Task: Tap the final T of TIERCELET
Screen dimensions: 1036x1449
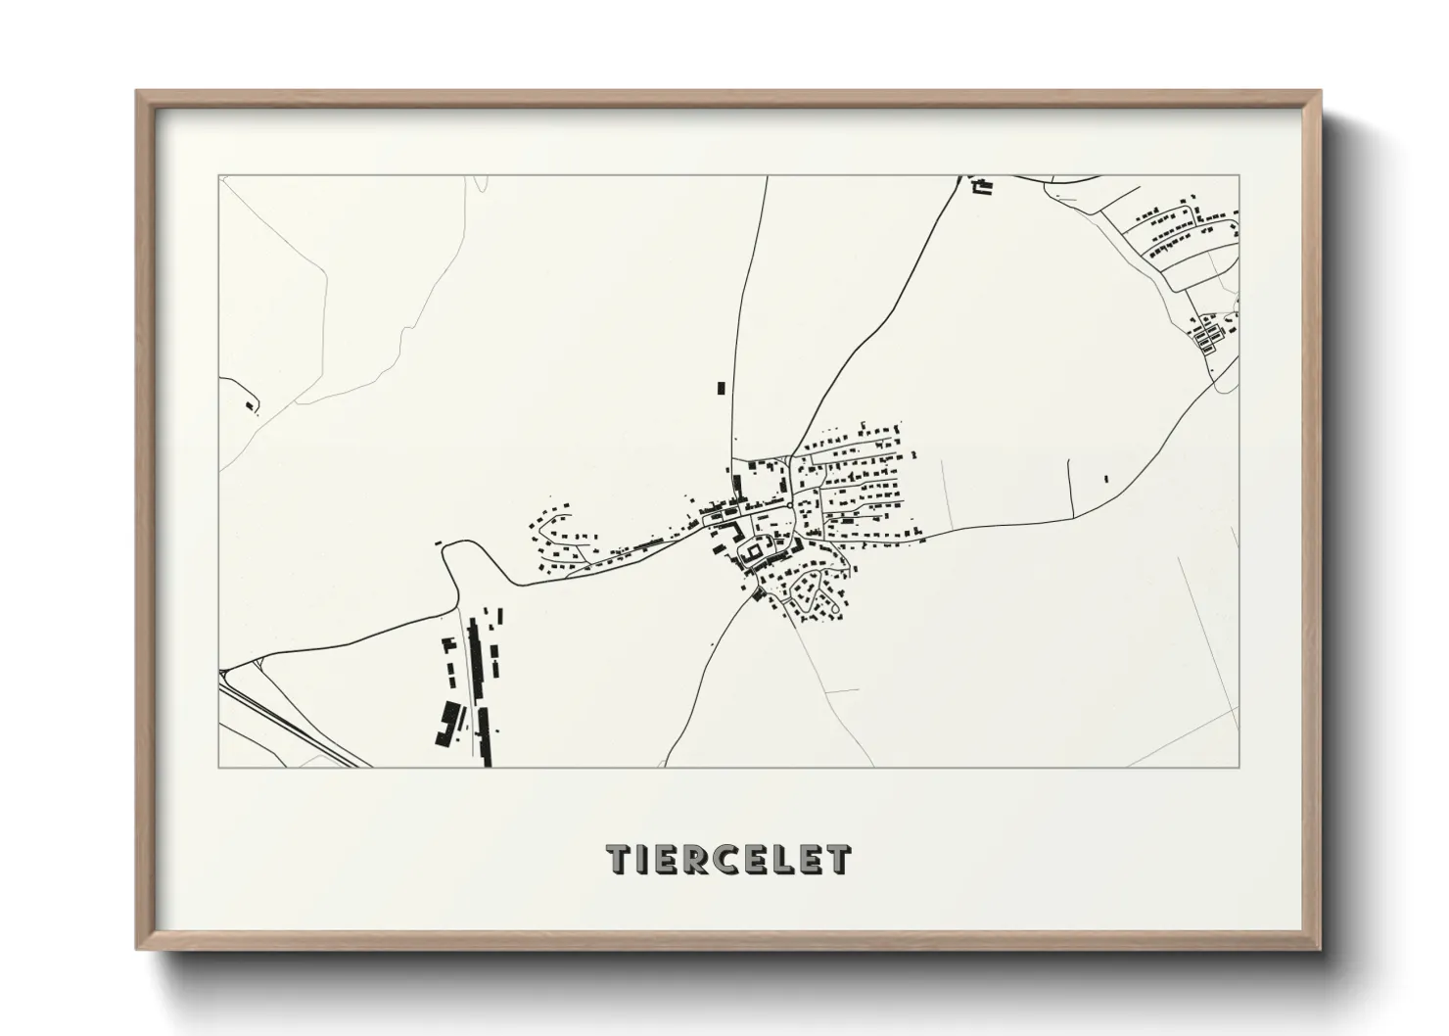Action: click(838, 860)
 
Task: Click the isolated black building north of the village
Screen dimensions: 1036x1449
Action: click(722, 388)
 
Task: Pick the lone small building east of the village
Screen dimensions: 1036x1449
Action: click(1105, 479)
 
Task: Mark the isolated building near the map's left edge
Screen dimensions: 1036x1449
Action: click(249, 402)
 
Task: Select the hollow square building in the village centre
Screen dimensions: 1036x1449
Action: click(755, 554)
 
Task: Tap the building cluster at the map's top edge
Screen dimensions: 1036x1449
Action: click(981, 185)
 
